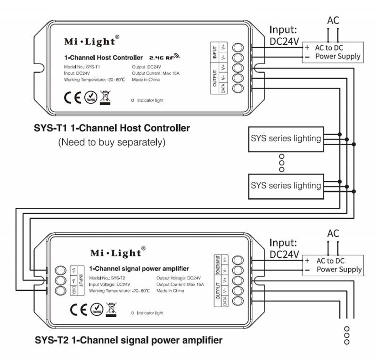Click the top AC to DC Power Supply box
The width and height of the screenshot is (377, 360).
[332, 52]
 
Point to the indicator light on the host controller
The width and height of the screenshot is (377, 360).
[133, 100]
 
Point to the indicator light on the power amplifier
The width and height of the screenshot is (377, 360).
[133, 312]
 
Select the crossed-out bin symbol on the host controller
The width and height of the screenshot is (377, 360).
[105, 97]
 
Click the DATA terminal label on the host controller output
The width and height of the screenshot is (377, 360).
[223, 88]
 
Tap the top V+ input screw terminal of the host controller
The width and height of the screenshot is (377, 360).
[239, 47]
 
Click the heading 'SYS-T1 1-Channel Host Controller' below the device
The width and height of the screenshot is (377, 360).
[112, 128]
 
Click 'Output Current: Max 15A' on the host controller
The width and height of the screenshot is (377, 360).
[156, 73]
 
